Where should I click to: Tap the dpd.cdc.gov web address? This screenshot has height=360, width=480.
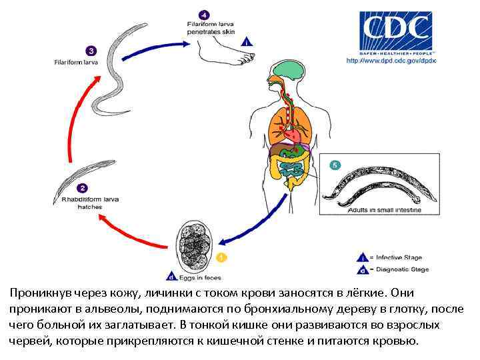pyautogui.click(x=391, y=61)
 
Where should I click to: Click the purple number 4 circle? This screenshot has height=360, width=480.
pyautogui.click(x=204, y=14)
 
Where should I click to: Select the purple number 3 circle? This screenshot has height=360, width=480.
pyautogui.click(x=90, y=50)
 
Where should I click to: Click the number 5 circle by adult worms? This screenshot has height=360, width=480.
pyautogui.click(x=335, y=165)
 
